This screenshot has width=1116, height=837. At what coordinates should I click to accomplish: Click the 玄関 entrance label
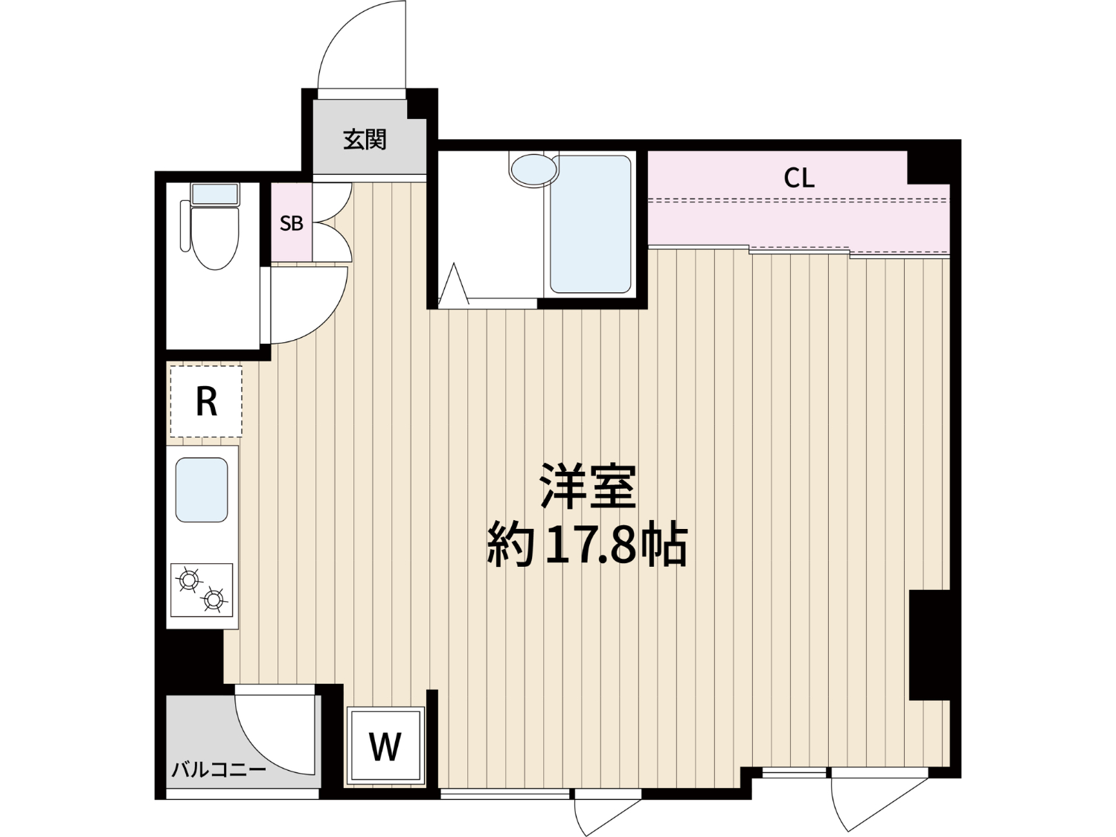(x=365, y=139)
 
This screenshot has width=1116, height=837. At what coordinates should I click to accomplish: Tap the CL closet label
(x=799, y=178)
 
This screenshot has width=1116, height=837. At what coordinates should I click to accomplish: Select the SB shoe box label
(x=292, y=223)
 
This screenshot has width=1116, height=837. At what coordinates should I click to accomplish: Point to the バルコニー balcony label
(x=219, y=771)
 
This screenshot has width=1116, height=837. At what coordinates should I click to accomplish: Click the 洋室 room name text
(x=588, y=486)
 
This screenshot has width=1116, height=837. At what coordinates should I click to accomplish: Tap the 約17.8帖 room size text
(x=588, y=546)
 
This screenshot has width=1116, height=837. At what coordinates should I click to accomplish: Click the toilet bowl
(x=215, y=238)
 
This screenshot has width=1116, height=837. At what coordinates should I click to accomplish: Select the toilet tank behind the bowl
(x=215, y=193)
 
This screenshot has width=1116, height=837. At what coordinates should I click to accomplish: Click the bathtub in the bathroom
(x=590, y=224)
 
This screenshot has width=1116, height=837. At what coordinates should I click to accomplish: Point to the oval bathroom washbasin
(x=533, y=170)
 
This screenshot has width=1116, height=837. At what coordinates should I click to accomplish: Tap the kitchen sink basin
(x=202, y=490)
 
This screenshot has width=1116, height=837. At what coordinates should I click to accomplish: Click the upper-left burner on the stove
(x=188, y=580)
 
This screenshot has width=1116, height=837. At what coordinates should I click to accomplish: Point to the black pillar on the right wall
(x=929, y=645)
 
